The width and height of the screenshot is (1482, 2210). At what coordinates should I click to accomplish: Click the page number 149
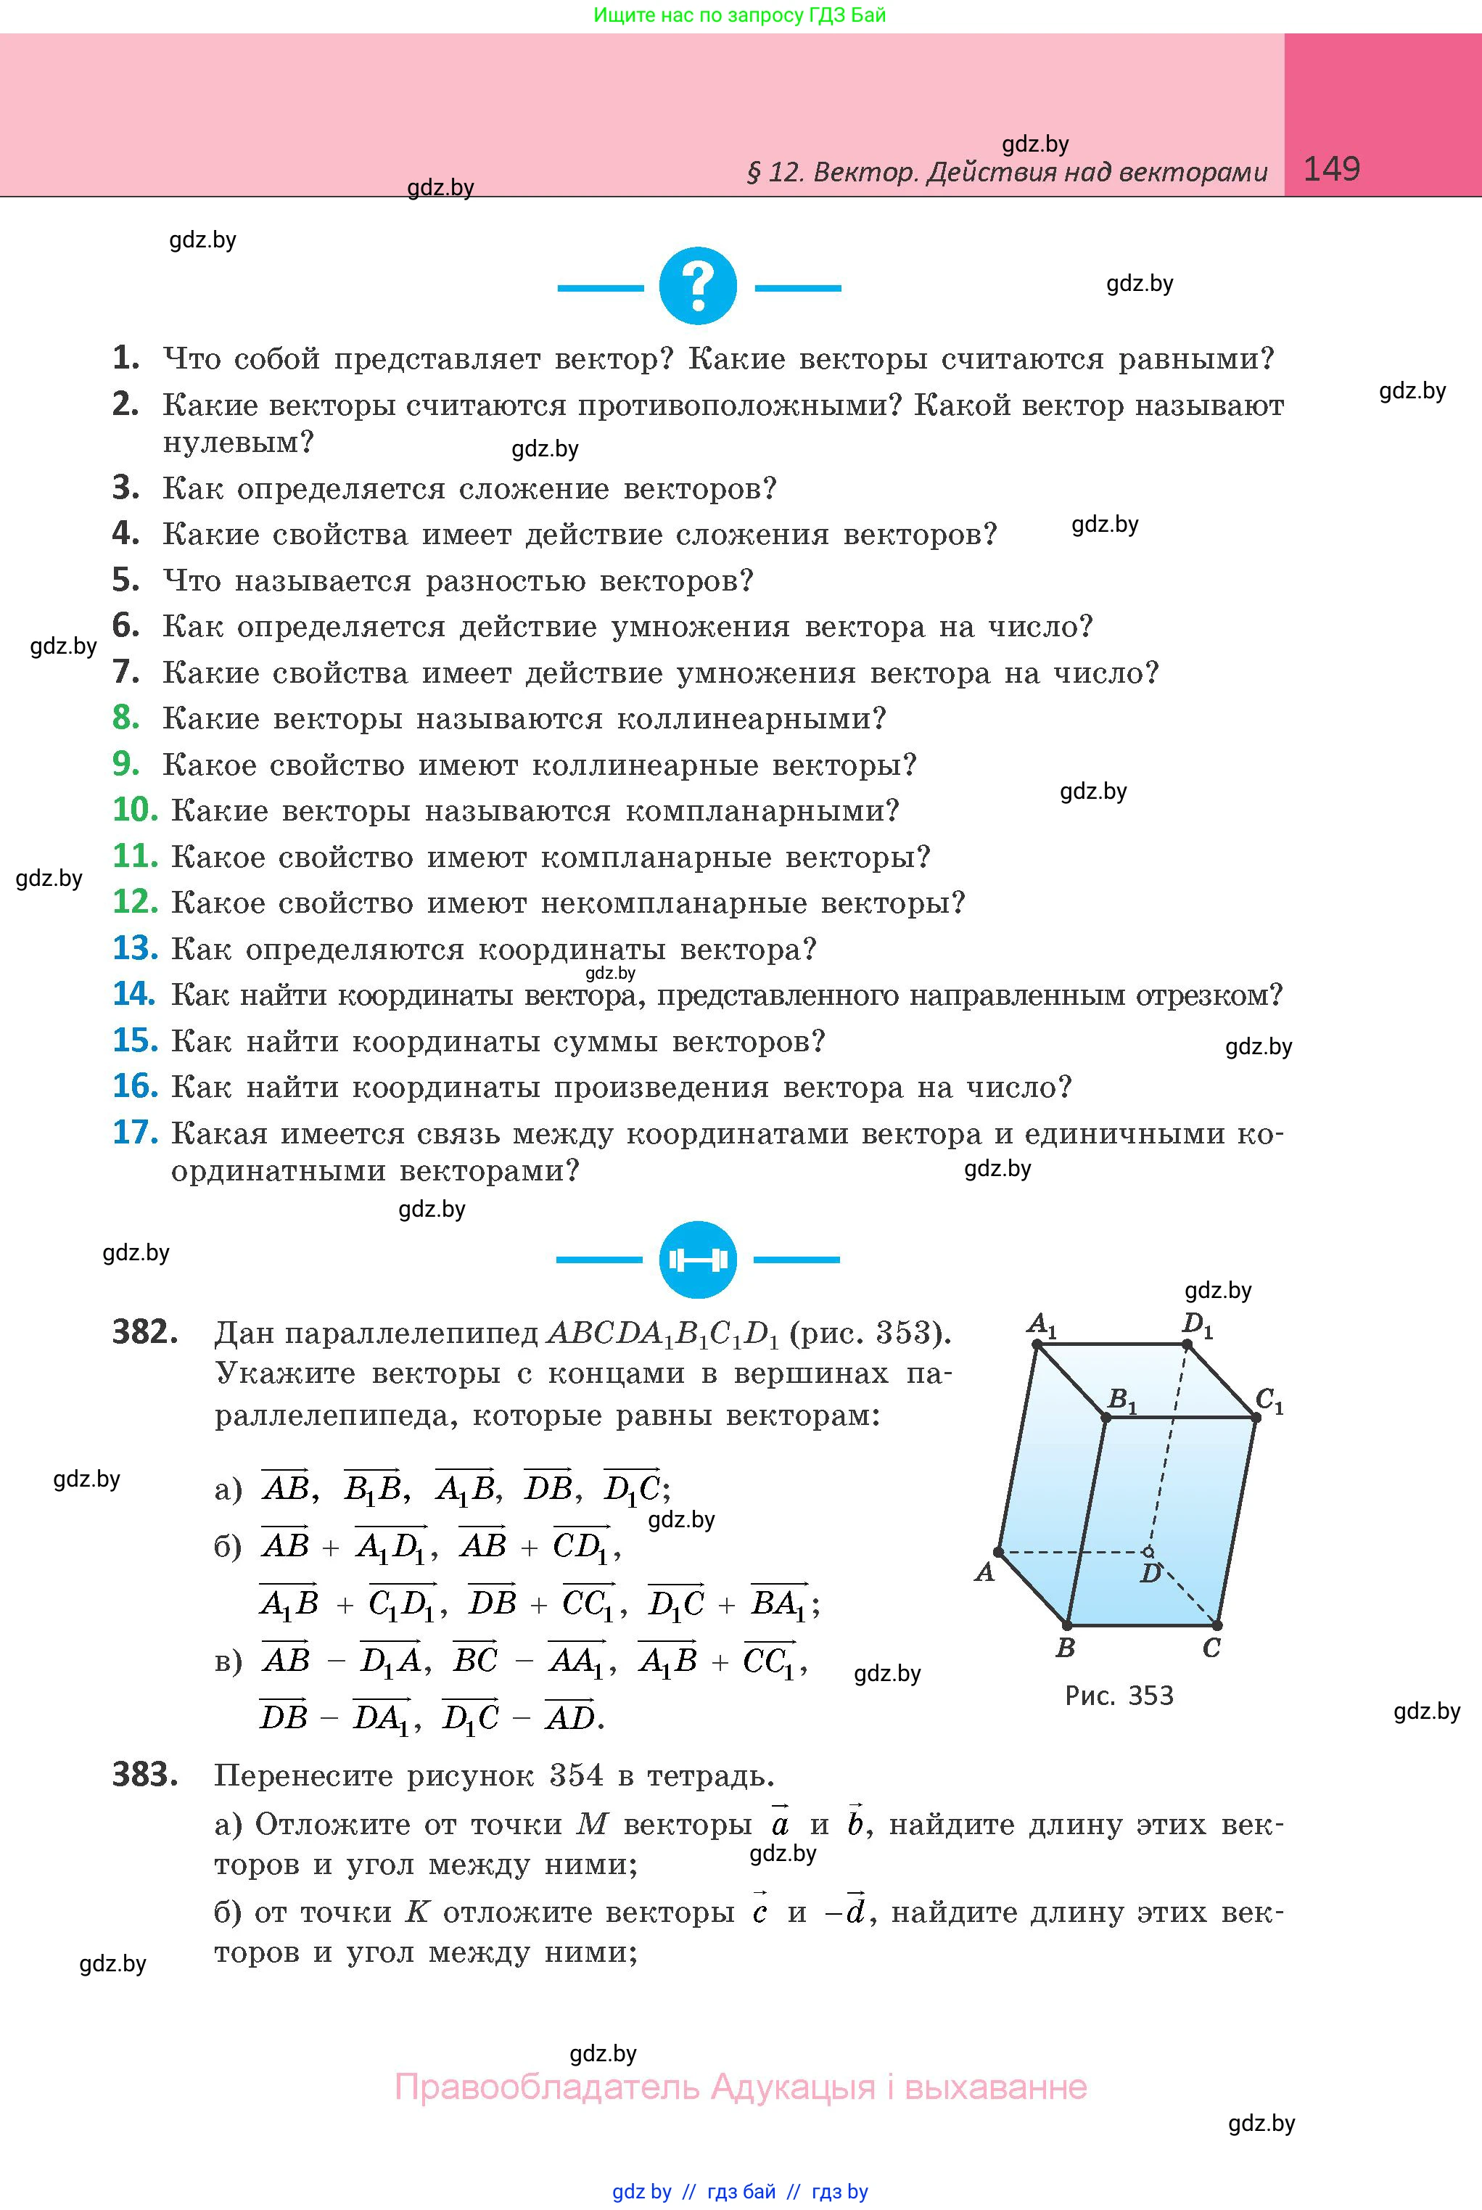(x=1331, y=169)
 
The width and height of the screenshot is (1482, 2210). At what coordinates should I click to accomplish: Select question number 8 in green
(x=125, y=718)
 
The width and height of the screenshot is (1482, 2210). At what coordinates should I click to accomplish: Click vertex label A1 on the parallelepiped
(x=1042, y=1324)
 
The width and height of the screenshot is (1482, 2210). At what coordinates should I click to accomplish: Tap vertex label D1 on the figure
(x=1198, y=1324)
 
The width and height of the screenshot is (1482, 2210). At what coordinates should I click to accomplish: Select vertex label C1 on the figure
(x=1269, y=1399)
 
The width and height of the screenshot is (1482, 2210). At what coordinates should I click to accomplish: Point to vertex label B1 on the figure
(x=1122, y=1399)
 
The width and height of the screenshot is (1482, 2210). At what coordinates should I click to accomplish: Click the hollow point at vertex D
(x=1148, y=1551)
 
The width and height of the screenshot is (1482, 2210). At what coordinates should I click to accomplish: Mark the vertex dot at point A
(x=998, y=1551)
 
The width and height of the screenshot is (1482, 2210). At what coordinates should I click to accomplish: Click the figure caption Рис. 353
(x=1119, y=1695)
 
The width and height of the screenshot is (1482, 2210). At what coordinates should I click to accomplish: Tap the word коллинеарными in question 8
(x=752, y=718)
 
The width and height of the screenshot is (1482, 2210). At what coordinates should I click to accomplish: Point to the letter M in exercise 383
(x=592, y=1823)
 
